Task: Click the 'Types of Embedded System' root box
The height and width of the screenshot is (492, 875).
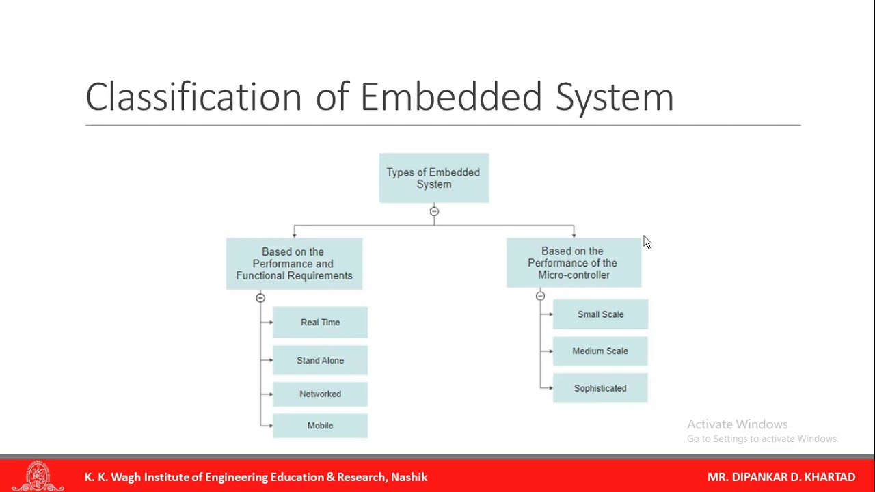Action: tap(433, 178)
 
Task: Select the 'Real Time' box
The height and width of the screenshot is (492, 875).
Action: tap(320, 323)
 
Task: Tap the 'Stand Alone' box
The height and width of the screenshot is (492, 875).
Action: tap(320, 360)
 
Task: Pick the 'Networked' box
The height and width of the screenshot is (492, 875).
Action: tap(320, 394)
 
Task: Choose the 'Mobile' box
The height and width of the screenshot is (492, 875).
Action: tap(320, 426)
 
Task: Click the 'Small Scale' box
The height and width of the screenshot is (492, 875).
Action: tap(600, 314)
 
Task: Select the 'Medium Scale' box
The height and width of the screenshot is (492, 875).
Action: tap(600, 351)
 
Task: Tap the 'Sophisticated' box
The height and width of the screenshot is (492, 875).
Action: tap(600, 388)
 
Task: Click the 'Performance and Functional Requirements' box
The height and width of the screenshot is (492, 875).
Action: tap(294, 264)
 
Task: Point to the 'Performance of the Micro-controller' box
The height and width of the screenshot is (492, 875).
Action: tap(574, 263)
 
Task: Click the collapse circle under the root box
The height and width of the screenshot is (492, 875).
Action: tap(434, 212)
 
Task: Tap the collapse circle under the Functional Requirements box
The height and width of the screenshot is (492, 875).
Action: tap(260, 298)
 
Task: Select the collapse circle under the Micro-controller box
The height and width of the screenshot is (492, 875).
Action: tap(540, 296)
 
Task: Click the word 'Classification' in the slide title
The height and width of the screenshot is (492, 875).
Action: tap(193, 96)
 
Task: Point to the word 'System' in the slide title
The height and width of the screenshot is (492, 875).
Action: tap(614, 96)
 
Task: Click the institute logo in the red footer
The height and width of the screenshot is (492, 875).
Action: tap(38, 476)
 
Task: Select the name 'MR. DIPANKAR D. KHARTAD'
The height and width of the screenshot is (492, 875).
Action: tap(781, 477)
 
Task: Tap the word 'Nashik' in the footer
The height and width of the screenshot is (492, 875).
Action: tap(409, 477)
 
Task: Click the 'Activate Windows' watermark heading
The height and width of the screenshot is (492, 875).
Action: tap(737, 424)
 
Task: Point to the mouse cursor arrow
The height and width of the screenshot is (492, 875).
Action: tap(647, 243)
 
